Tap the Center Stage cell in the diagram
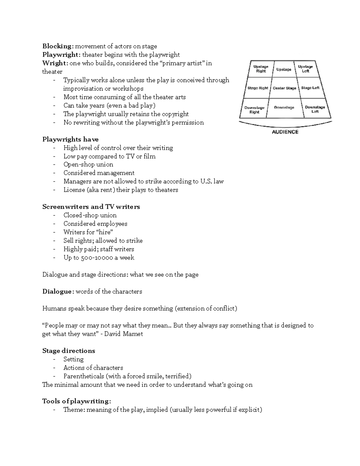pyautogui.click(x=284, y=88)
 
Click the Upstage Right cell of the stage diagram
pyautogui.click(x=261, y=69)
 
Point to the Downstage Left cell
pyautogui.click(x=315, y=109)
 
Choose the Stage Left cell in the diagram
pyautogui.click(x=310, y=88)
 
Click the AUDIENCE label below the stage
pyautogui.click(x=285, y=132)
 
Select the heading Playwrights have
pyautogui.click(x=70, y=140)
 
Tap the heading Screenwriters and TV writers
pyautogui.click(x=91, y=207)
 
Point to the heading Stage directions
pyautogui.click(x=69, y=351)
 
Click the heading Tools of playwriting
pyautogui.click(x=76, y=401)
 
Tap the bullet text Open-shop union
pyautogui.click(x=88, y=164)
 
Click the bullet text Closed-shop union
pyautogui.click(x=90, y=215)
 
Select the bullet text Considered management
pyautogui.click(x=99, y=173)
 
